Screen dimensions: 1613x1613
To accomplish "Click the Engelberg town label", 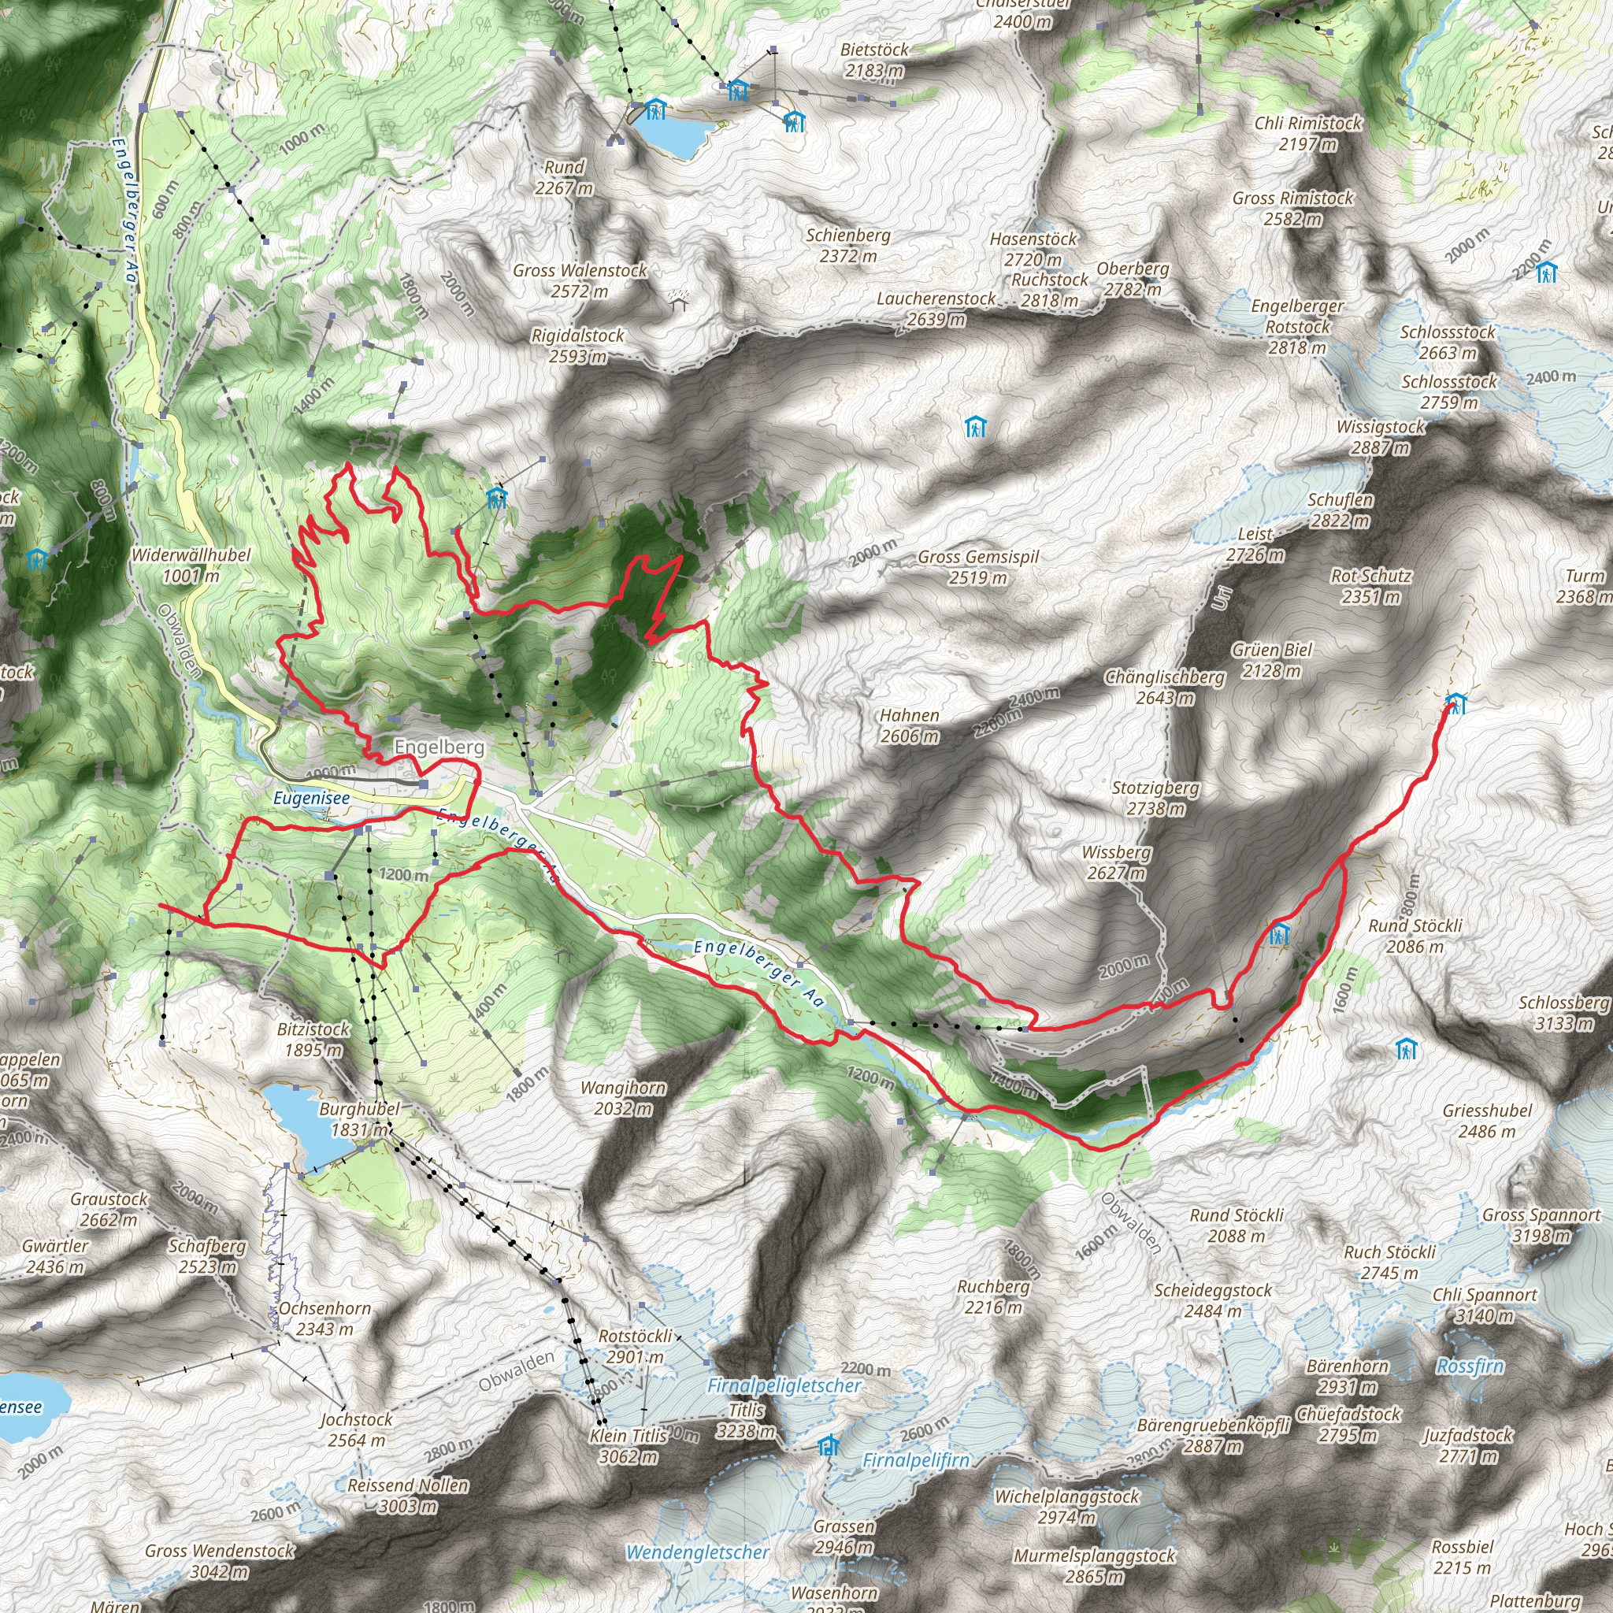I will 439,747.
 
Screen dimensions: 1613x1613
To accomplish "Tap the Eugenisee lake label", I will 311,798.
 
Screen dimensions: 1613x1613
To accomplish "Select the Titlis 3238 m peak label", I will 747,1420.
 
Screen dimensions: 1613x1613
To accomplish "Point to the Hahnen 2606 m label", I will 909,725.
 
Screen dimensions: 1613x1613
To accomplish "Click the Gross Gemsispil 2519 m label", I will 977,567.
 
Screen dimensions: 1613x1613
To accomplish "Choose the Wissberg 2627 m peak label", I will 1116,862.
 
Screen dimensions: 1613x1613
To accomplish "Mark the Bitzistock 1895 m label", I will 313,1040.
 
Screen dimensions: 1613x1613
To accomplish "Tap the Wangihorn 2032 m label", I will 623,1098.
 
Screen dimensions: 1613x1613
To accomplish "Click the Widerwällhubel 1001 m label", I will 191,565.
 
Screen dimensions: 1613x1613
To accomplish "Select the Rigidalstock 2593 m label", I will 578,346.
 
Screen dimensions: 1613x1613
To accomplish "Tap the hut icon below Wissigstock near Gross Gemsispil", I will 975,428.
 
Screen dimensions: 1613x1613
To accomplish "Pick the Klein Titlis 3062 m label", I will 628,1446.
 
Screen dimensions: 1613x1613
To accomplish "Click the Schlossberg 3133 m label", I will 1563,1013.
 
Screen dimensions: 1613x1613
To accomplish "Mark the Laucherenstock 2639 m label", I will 936,309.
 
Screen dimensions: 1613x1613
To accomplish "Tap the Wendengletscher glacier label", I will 697,1553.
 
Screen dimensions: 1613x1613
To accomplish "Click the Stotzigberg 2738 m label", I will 1155,797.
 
